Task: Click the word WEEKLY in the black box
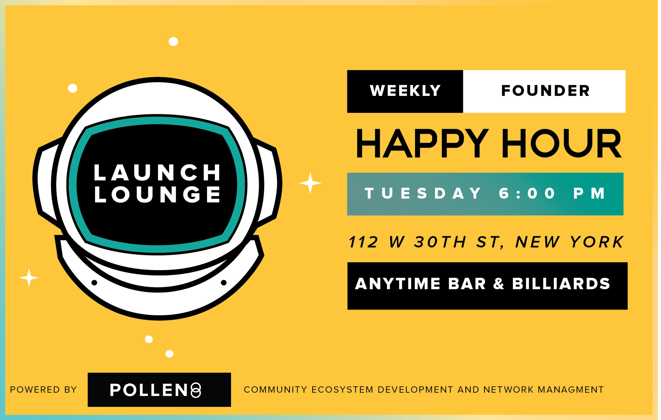[405, 91]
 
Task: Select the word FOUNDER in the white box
[545, 91]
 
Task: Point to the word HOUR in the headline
[561, 144]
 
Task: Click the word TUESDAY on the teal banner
[423, 193]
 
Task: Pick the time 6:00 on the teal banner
[527, 193]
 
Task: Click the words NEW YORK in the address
[570, 242]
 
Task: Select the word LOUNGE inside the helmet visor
[157, 194]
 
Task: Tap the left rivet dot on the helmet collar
[94, 283]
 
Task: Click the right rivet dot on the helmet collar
[224, 283]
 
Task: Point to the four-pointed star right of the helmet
[310, 183]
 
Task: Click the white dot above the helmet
[173, 41]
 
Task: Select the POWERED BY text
[43, 390]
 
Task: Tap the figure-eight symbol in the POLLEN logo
[196, 390]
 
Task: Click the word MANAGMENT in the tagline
[571, 390]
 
